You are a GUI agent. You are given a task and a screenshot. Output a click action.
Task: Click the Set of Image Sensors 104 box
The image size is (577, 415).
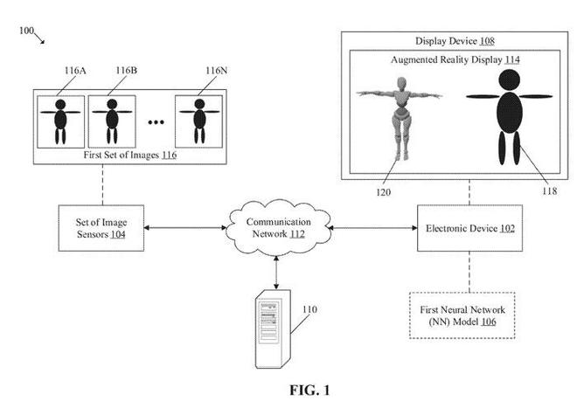(101, 229)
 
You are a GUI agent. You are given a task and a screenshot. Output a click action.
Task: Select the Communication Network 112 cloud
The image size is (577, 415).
(276, 227)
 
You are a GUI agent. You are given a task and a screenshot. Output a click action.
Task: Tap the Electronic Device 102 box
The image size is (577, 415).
(469, 229)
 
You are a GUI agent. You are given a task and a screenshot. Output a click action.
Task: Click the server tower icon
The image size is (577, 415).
(270, 320)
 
